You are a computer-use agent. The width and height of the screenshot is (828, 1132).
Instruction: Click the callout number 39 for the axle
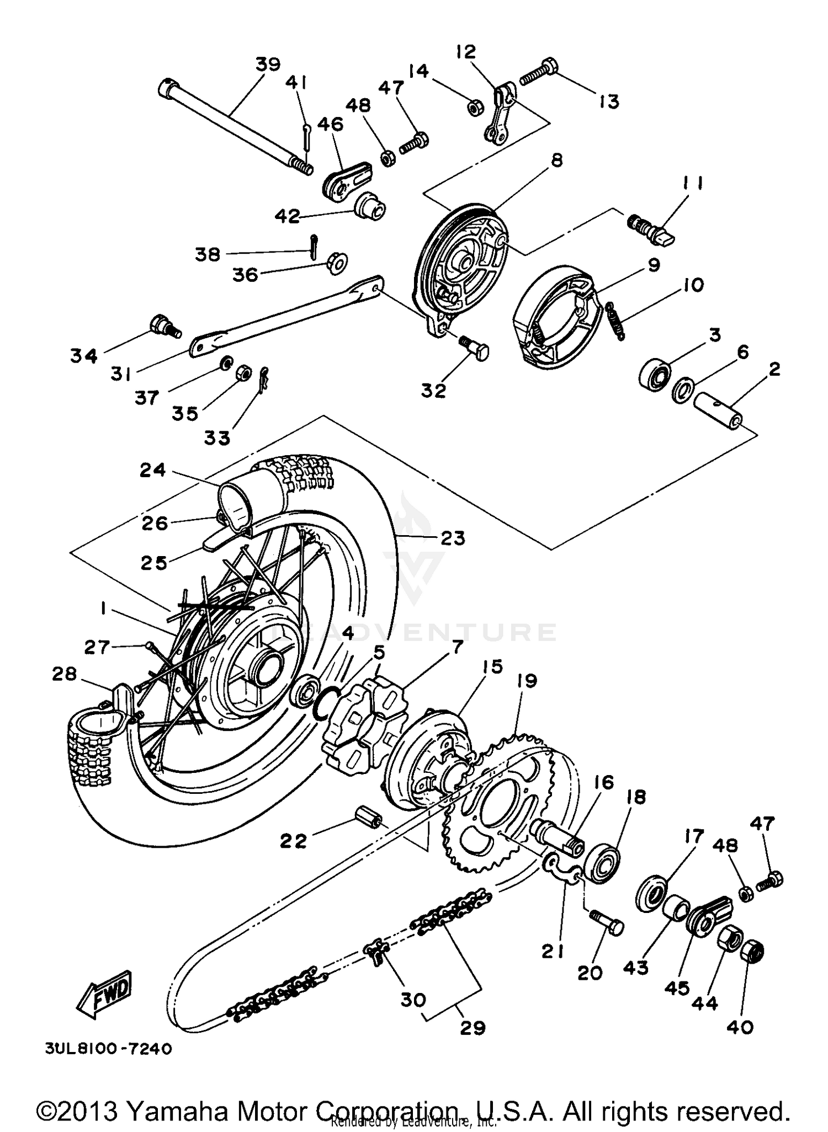point(268,65)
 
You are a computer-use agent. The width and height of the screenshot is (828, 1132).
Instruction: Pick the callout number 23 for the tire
point(453,538)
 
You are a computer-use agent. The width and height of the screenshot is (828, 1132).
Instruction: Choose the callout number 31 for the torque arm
point(120,375)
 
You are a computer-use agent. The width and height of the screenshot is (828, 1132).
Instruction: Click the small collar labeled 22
point(366,816)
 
